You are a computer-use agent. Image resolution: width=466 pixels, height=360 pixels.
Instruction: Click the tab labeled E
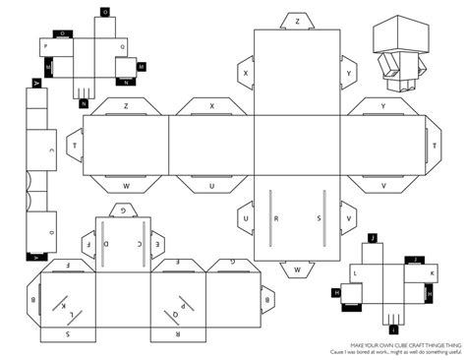(x=141, y=241)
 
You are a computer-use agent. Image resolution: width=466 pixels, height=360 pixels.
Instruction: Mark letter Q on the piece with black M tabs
(x=122, y=45)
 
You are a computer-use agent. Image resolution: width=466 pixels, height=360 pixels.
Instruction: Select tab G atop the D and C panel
(x=122, y=210)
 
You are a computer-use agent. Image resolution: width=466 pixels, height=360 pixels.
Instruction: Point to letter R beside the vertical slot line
(x=278, y=217)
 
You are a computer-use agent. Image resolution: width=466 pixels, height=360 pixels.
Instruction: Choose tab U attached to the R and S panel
(x=245, y=217)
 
